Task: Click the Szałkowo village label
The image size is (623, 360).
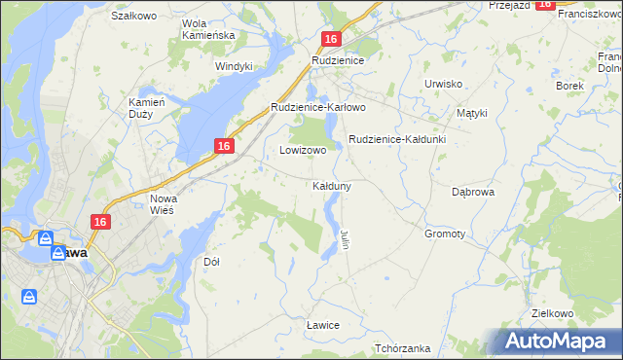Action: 134,17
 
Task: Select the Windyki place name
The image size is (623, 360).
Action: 234,66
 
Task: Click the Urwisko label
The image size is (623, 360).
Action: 443,84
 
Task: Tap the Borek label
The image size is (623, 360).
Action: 569,86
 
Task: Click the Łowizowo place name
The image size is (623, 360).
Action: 303,151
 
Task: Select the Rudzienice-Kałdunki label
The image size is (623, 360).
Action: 396,139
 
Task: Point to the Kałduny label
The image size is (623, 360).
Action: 332,185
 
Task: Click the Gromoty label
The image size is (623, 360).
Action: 445,234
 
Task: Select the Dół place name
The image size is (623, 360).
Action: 211,262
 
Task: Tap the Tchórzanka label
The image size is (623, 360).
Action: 402,348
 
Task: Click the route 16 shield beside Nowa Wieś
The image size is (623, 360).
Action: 100,222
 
